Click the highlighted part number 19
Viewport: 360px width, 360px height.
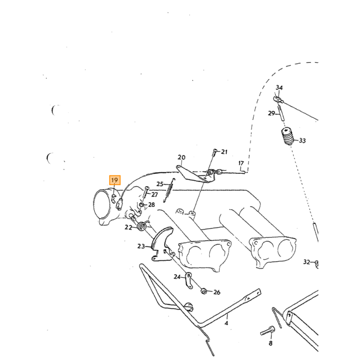click(x=115, y=180)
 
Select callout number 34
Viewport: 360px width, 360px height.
click(x=279, y=87)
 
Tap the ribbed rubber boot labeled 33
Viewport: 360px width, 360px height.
click(x=287, y=136)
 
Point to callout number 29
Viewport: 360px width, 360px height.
click(x=272, y=113)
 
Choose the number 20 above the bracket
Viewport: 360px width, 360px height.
click(x=182, y=157)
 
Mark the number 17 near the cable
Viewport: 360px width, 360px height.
click(x=241, y=163)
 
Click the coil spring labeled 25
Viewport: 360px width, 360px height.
click(x=169, y=190)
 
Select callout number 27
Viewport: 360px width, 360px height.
click(x=154, y=195)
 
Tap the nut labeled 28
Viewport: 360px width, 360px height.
click(x=142, y=204)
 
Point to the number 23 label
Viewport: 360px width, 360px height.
click(x=141, y=246)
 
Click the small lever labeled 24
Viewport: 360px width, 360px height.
click(x=189, y=280)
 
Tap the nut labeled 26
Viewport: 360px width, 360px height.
click(x=204, y=292)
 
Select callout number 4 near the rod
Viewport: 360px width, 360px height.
click(x=226, y=323)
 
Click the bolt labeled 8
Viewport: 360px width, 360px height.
click(x=267, y=331)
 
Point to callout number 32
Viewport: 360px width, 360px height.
click(x=307, y=262)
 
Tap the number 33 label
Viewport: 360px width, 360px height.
click(x=302, y=140)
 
